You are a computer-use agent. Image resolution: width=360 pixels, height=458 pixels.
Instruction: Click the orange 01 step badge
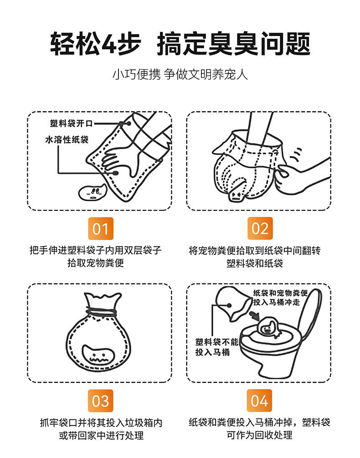(x=100, y=229)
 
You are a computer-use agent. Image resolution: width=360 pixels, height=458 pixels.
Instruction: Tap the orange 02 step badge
(x=260, y=229)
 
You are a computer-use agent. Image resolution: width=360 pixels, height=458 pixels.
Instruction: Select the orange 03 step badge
(x=100, y=401)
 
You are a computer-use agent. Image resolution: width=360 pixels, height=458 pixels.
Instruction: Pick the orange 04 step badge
(x=259, y=401)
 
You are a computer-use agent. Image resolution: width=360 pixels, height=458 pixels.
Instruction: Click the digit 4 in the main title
(x=108, y=44)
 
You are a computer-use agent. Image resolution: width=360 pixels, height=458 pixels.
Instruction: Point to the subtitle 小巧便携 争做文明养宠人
(x=180, y=74)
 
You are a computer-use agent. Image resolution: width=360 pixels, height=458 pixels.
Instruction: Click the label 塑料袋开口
(x=71, y=124)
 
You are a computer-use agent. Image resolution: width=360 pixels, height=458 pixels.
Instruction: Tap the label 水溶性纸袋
(x=67, y=139)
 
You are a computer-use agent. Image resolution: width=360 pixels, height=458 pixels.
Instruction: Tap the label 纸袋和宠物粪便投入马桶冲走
(x=280, y=297)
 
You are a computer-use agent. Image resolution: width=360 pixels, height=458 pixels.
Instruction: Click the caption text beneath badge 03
(x=101, y=429)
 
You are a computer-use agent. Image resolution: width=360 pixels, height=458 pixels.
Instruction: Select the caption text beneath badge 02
(x=255, y=257)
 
